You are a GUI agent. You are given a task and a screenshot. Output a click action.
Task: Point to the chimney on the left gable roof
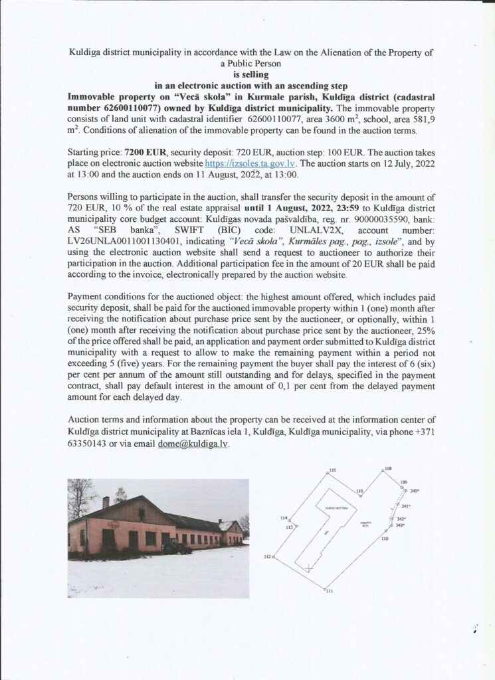coord(106,501)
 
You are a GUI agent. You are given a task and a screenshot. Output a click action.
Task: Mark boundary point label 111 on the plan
coord(330,591)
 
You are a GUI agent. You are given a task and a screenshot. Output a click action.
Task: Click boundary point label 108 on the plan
coord(389,469)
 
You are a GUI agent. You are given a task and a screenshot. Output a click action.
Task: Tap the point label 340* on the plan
coord(416,491)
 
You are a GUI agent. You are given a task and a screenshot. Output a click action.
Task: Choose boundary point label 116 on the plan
coord(359,491)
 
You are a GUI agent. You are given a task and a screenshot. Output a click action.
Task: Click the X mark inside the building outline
coord(308,567)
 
